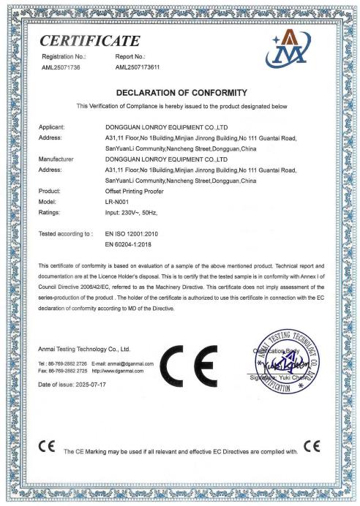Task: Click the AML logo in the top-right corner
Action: pyautogui.click(x=293, y=48)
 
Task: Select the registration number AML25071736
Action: pyautogui.click(x=62, y=67)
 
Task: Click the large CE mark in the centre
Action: pyautogui.click(x=198, y=361)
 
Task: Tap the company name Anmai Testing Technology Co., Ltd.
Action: pyautogui.click(x=84, y=349)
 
